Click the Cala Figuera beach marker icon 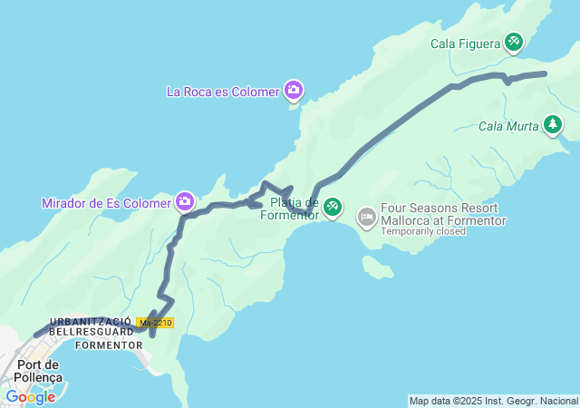514,41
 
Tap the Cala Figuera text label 465,42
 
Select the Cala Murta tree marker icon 553,125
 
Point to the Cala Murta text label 508,126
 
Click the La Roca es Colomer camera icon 293,89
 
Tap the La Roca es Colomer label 223,91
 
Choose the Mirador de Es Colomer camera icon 185,201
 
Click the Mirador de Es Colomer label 106,203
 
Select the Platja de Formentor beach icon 333,208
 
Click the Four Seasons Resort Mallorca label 443,214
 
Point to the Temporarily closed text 423,231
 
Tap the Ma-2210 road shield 155,323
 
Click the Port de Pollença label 39,370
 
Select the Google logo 30,396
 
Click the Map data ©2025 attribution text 493,401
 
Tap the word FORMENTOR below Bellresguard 108,345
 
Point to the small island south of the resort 377,267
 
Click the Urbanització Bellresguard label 91,327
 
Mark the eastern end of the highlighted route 545,73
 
